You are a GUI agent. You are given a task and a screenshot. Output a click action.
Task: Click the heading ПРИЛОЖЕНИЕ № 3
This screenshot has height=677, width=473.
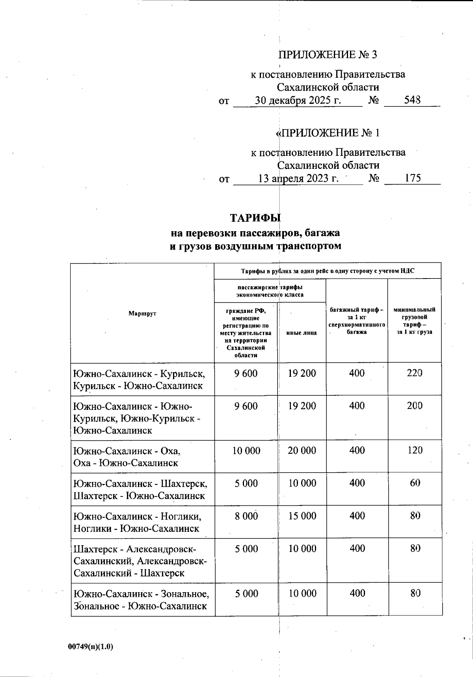point(328,54)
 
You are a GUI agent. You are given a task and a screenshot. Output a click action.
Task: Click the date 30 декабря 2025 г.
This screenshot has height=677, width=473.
point(298,100)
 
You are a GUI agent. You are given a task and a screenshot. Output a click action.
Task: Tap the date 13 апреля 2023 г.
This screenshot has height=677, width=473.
point(298,178)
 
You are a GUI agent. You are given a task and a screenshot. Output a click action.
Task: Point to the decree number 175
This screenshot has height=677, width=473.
point(413,178)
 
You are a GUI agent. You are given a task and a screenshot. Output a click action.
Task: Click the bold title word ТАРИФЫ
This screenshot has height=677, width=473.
point(255,218)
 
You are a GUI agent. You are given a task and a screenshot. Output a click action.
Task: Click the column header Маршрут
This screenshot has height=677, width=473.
point(142,313)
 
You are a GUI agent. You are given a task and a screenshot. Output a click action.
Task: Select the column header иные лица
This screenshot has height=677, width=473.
point(302,333)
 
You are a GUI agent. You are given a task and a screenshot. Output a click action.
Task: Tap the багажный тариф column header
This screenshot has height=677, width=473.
point(357,321)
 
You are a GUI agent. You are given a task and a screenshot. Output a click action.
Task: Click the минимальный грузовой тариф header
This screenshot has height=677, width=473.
point(414,321)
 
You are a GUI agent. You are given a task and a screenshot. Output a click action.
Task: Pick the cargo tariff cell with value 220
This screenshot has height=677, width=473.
point(415,373)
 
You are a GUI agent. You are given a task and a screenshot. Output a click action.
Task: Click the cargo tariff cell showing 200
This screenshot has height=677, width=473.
point(415,406)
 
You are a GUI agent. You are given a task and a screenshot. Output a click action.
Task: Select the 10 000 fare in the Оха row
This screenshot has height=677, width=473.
point(246,451)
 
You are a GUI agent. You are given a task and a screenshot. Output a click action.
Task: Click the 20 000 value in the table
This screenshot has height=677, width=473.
point(302,451)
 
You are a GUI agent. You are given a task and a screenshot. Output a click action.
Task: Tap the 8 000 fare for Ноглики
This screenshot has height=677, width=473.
point(246,516)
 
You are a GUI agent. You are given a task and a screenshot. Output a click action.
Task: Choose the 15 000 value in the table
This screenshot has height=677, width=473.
point(302,516)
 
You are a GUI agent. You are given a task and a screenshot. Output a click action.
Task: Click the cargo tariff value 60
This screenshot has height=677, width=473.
point(415,483)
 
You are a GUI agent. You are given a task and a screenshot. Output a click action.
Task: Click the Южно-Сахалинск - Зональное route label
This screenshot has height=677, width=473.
point(141,600)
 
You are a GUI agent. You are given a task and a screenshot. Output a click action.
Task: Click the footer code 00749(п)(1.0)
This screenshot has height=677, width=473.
point(91,647)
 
